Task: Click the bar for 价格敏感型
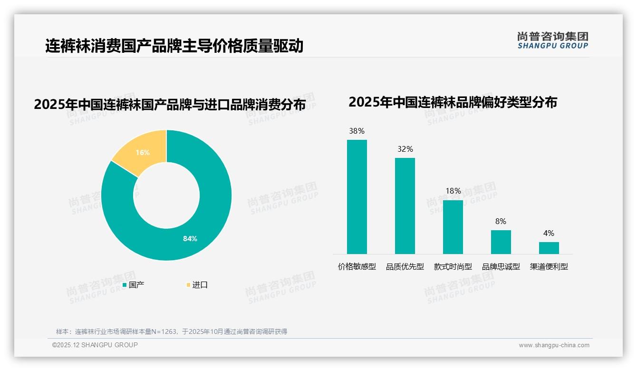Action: click(x=357, y=197)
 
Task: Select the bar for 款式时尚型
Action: click(x=453, y=227)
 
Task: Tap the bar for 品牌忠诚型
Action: click(x=501, y=242)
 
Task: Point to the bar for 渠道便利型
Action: click(x=549, y=248)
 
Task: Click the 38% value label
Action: click(x=357, y=131)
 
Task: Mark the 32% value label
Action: click(x=405, y=149)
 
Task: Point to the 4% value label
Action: click(x=549, y=233)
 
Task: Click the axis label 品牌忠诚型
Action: click(x=501, y=267)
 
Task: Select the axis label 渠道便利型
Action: click(x=549, y=267)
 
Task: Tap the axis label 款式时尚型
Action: click(x=453, y=267)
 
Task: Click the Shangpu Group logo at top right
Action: click(x=552, y=40)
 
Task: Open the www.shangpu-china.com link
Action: click(x=554, y=345)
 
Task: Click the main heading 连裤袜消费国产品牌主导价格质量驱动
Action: click(x=174, y=46)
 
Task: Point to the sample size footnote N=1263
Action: click(x=172, y=332)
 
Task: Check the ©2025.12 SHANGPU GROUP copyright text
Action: click(x=95, y=345)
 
